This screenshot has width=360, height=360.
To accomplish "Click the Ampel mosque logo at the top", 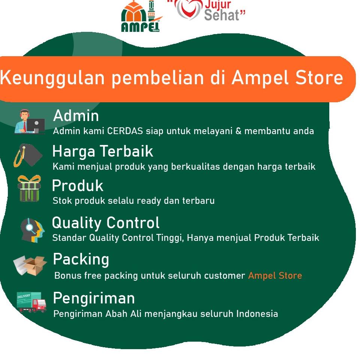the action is point(140,16).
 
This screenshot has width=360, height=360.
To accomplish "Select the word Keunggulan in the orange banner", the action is point(52,78).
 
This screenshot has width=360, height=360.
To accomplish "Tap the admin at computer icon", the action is point(30,121).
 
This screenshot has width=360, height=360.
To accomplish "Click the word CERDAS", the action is point(125,131).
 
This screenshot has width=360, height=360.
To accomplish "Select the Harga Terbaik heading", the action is point(103,151).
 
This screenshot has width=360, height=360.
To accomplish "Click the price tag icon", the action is point(28,155).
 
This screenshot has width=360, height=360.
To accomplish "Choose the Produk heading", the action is point(78,185).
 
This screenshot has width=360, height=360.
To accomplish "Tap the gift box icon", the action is point(29,188).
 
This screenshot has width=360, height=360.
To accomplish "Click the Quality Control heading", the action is point(106,223).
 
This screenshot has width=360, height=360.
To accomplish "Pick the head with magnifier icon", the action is point(32,230).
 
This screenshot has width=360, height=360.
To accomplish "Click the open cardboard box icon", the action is point(30,265).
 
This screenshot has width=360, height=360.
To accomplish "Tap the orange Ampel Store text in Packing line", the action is point(275,275).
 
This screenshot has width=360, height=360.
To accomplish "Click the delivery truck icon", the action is point(31,302).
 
